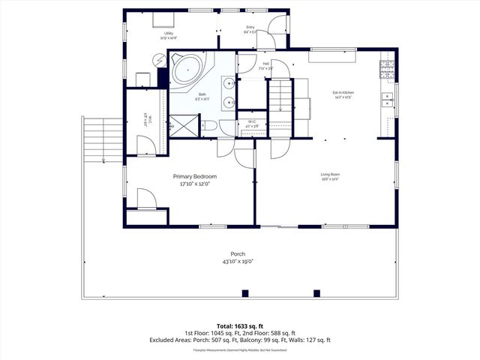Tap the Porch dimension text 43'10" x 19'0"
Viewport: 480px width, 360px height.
click(x=238, y=262)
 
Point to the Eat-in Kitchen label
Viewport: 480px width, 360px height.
click(x=343, y=92)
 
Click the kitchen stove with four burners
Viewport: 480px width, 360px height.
click(x=388, y=70)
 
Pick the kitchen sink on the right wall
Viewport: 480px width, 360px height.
click(x=388, y=98)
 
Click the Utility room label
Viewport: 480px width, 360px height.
click(x=169, y=33)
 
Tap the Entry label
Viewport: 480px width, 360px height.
click(x=250, y=28)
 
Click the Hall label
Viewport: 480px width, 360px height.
click(x=265, y=64)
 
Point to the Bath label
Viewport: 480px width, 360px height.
click(x=202, y=94)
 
